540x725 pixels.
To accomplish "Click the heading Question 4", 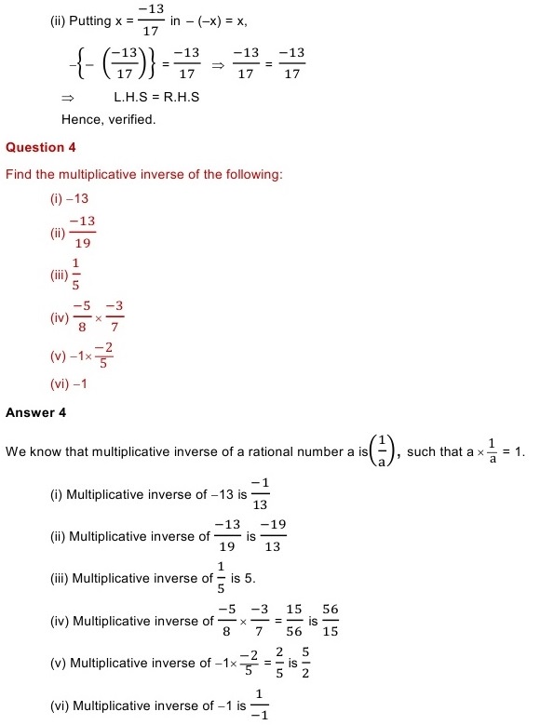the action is [41, 147].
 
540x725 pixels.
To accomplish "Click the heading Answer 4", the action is [36, 411].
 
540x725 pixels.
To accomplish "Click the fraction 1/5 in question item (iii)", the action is [75, 275].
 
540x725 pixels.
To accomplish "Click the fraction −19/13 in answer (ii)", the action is [273, 536].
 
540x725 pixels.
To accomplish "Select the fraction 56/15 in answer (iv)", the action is [331, 622].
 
